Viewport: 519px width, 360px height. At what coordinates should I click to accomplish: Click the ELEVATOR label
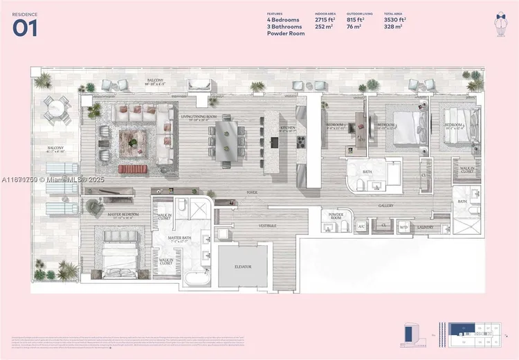pos(242,267)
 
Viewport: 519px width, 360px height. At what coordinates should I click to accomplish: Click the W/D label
pos(403,226)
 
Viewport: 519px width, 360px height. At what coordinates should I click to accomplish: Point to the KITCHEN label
pos(288,128)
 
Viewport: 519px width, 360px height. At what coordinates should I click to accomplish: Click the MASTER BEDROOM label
pos(125,214)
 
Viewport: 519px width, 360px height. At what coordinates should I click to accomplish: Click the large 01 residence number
pos(25,28)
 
